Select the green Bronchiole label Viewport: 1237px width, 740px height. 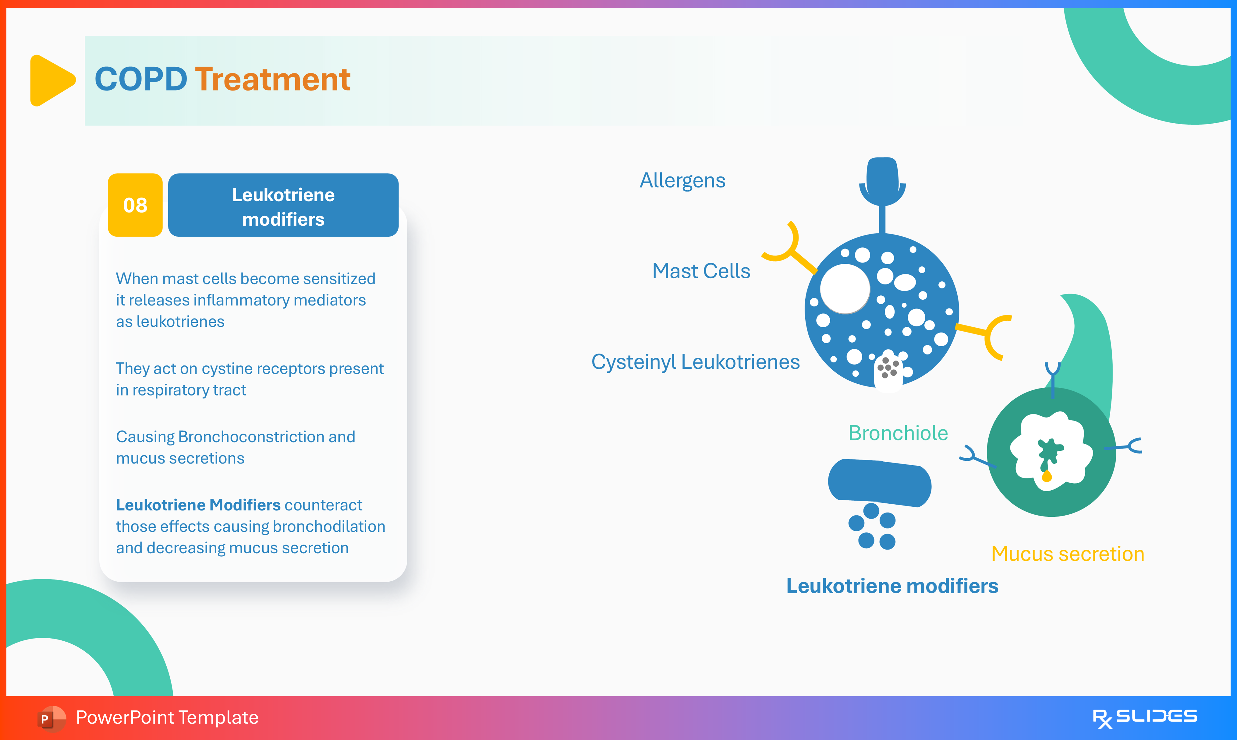898,433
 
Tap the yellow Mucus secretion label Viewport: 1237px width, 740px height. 1067,554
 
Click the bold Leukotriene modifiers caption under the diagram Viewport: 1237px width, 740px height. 892,586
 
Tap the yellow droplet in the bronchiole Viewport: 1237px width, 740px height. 1047,476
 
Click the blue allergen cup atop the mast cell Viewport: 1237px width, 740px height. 882,179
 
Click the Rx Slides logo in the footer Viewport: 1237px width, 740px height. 1144,717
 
